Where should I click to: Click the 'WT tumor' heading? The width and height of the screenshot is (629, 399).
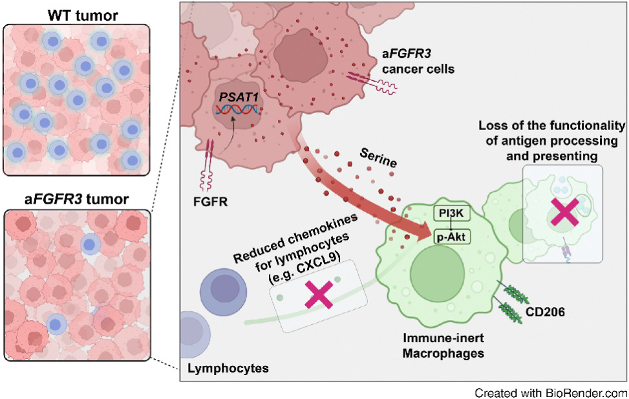[76, 14]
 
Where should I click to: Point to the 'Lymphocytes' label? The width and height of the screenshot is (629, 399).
[228, 369]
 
